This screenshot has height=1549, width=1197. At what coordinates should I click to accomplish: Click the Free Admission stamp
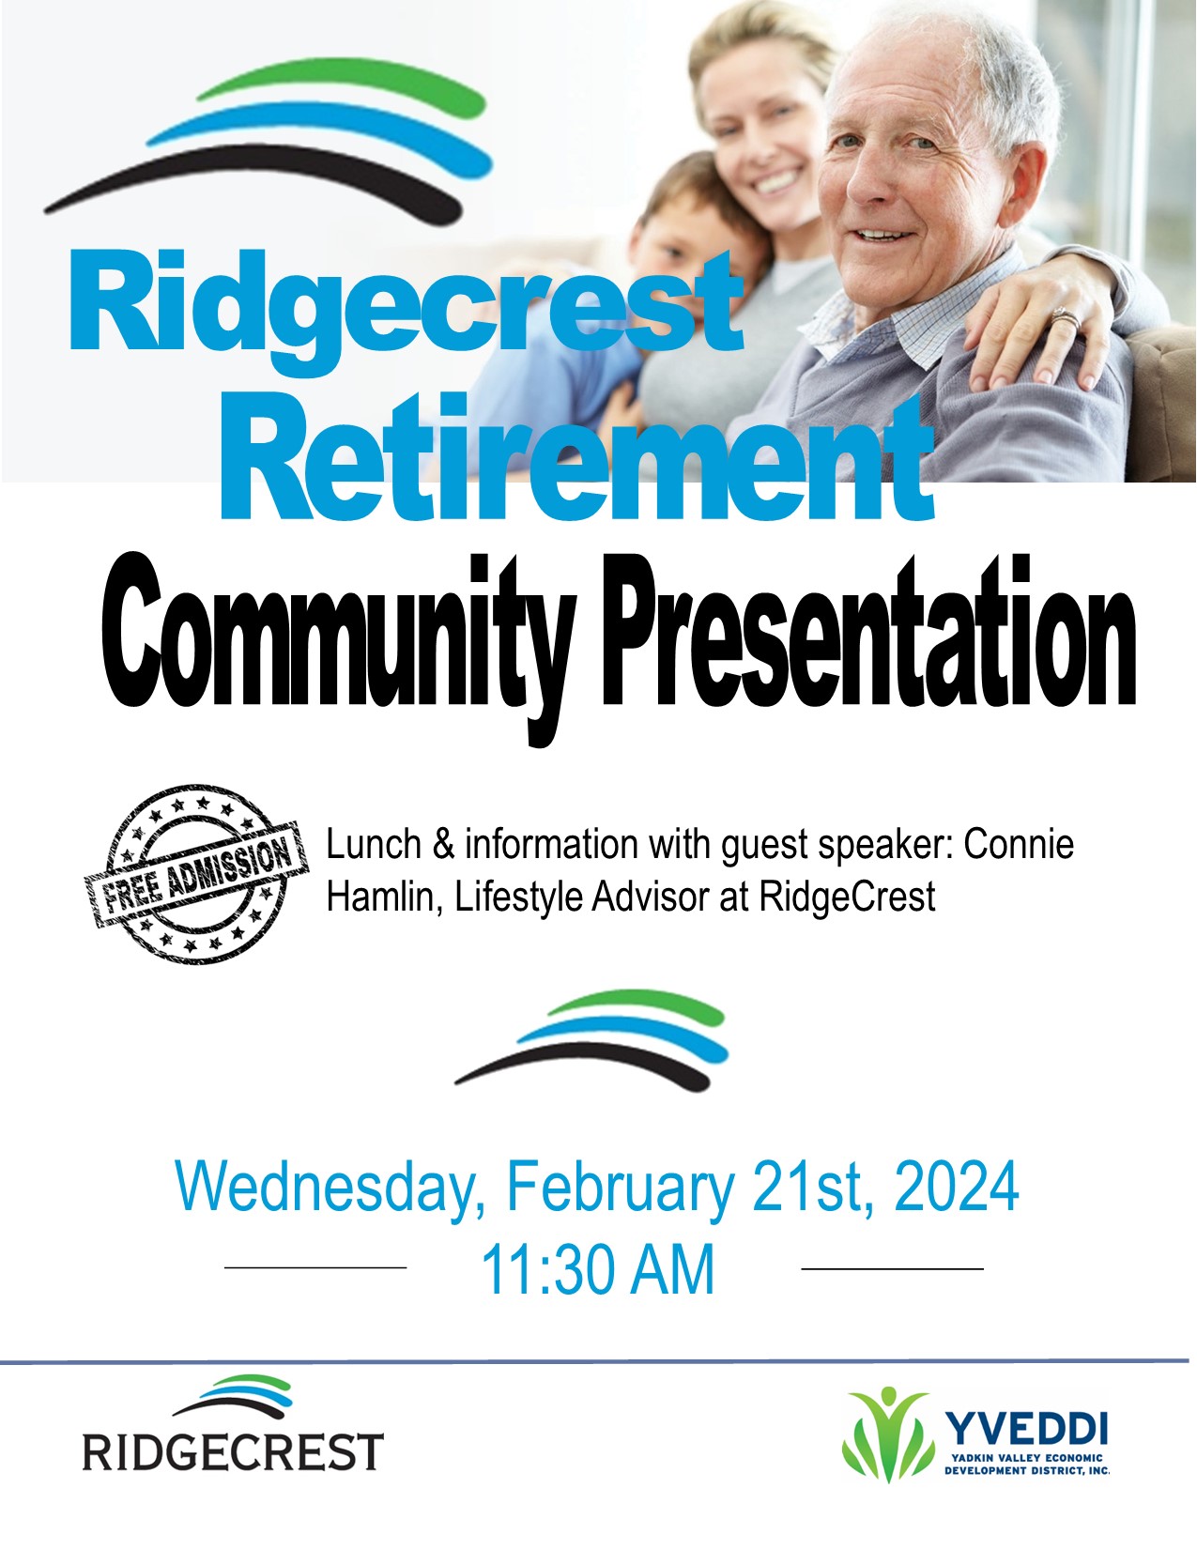tap(197, 874)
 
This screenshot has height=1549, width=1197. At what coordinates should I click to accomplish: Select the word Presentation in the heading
tap(870, 630)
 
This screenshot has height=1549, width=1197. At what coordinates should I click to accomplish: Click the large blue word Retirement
tap(576, 457)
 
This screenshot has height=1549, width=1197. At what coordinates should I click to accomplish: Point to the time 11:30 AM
tap(598, 1269)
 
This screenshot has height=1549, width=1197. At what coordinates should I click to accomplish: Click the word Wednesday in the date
tap(325, 1189)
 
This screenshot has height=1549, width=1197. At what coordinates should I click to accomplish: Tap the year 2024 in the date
tap(956, 1187)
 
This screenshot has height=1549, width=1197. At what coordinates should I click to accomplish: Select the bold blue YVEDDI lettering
tap(1027, 1426)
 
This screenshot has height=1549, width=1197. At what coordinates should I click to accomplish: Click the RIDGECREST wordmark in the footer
tap(233, 1451)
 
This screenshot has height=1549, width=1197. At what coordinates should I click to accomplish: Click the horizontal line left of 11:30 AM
tap(315, 1267)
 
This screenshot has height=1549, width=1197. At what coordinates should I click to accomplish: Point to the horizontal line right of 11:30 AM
tap(893, 1269)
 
